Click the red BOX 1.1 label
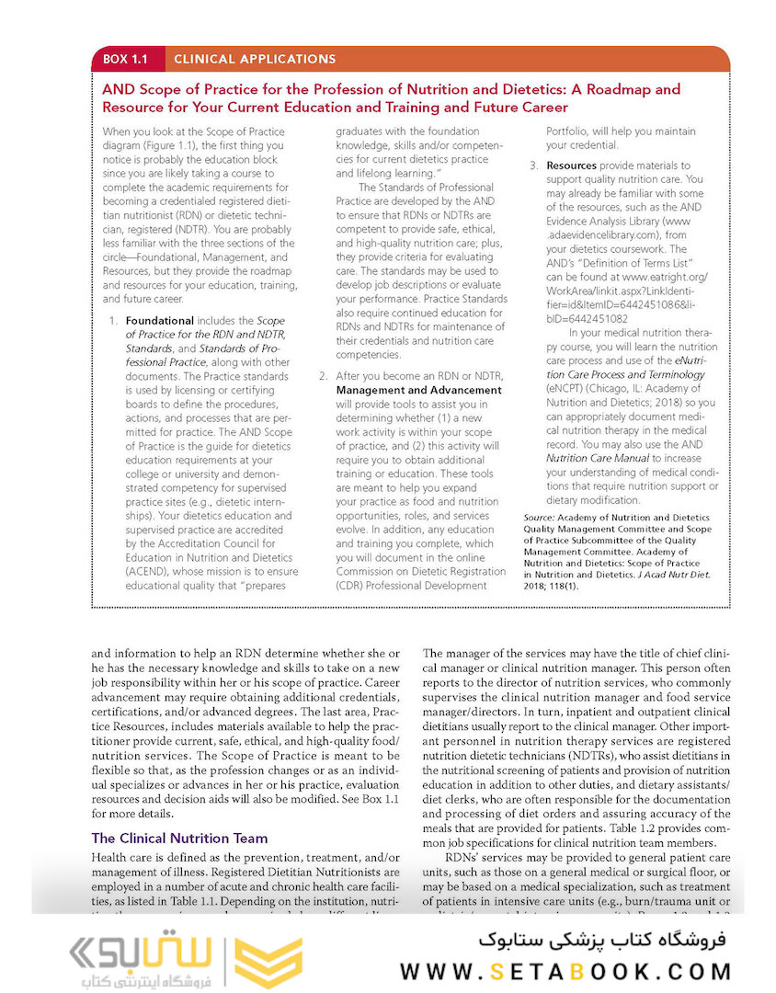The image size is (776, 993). tap(127, 60)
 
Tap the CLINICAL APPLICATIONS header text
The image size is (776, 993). tap(255, 60)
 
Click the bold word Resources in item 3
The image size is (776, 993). tap(572, 166)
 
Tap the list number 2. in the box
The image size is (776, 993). tap(323, 376)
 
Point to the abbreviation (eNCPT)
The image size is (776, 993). tap(567, 389)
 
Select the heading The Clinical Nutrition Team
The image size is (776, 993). tap(179, 838)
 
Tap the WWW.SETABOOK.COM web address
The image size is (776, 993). tap(565, 971)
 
